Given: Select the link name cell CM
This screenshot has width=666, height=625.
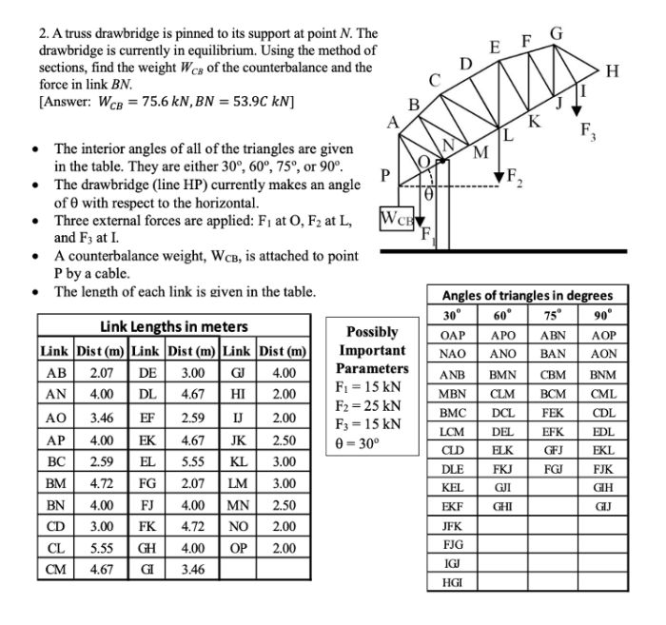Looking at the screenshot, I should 54,571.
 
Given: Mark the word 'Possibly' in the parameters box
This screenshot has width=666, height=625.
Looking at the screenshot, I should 371,331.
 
